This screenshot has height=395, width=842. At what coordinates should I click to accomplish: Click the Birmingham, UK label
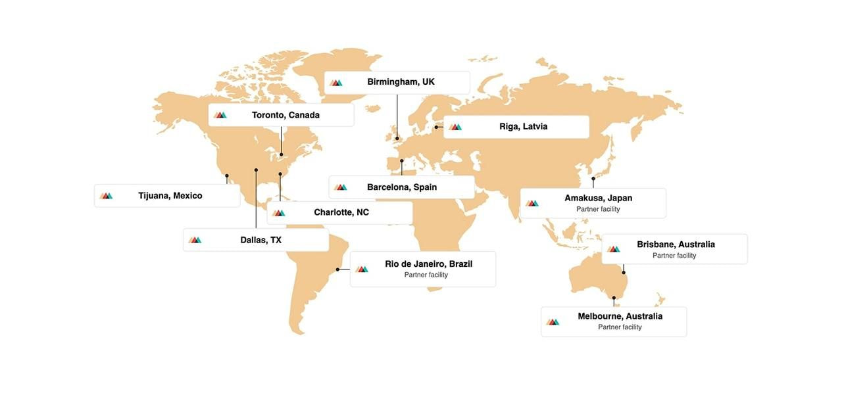[x=401, y=82]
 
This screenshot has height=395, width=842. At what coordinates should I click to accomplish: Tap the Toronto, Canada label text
[x=285, y=115]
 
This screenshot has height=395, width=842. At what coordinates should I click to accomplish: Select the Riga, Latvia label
[x=523, y=126]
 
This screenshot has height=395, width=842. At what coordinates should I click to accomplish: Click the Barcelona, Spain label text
[x=402, y=187]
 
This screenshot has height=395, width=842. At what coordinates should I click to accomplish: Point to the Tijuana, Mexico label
[x=170, y=196]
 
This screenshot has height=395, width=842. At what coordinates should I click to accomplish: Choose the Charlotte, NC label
[x=341, y=212]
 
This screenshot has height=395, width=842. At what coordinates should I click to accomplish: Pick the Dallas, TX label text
[x=260, y=240]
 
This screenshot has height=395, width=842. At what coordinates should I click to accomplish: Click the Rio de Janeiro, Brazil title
[x=429, y=264]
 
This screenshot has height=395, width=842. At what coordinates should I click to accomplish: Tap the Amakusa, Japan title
[x=598, y=198]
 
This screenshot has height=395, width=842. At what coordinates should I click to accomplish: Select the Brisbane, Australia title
[x=676, y=244]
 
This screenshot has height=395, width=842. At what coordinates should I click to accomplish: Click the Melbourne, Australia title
[x=620, y=316]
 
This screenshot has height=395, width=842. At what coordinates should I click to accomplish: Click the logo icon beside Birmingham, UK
[x=336, y=83]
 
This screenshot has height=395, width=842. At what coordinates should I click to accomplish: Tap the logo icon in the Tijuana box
[x=106, y=196]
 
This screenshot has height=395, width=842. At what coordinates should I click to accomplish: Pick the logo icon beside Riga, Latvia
[x=455, y=127]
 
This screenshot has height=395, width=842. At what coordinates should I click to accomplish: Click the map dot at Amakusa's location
[x=593, y=178]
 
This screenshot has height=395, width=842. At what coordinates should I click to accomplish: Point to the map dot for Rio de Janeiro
[x=337, y=269]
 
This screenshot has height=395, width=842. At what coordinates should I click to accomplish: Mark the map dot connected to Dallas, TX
[x=256, y=170]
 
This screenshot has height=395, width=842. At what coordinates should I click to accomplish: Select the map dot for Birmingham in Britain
[x=397, y=139]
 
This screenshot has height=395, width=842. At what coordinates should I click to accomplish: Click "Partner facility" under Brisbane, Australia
[x=674, y=256]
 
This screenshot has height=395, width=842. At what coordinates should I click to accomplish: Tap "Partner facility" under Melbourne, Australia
[x=620, y=327]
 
